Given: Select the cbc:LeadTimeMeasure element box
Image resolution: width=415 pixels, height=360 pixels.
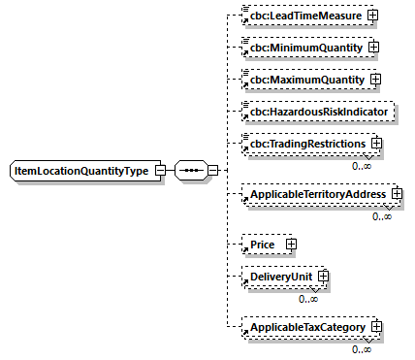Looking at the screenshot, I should click(x=305, y=16).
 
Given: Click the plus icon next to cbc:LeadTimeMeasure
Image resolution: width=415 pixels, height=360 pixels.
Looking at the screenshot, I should click(x=371, y=16).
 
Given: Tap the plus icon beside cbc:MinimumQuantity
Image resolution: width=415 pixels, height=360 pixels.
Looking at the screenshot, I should click(x=371, y=47).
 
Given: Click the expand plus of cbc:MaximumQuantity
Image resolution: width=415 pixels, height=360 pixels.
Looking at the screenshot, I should click(x=375, y=79).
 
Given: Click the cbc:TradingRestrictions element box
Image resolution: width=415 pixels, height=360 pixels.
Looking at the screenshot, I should click(x=305, y=144).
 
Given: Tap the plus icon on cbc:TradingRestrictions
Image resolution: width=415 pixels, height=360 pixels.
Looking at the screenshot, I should click(x=377, y=144).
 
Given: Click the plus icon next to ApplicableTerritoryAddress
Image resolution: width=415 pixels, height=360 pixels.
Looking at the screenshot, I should click(x=397, y=195).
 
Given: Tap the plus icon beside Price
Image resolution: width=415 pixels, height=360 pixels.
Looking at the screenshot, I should click(x=290, y=245).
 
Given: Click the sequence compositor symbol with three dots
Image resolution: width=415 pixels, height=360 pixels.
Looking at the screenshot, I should click(x=192, y=171).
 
